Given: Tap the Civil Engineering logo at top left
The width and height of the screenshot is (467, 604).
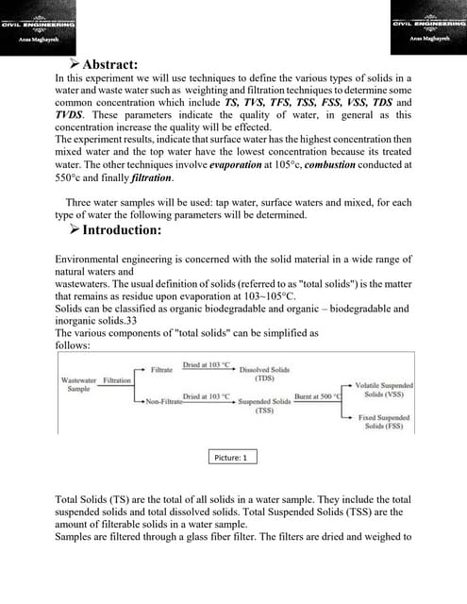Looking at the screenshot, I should pyautogui.click(x=38, y=25).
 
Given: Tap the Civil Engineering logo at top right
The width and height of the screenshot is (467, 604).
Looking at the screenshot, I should pyautogui.click(x=428, y=25).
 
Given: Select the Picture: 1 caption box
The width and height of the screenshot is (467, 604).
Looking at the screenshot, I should pyautogui.click(x=230, y=457).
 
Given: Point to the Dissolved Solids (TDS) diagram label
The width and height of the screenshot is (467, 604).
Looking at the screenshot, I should pyautogui.click(x=265, y=374).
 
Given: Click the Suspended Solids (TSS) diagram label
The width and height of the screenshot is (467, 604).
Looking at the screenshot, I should pyautogui.click(x=264, y=406).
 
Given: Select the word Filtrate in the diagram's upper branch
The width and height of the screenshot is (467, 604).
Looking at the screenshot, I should pyautogui.click(x=161, y=370).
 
